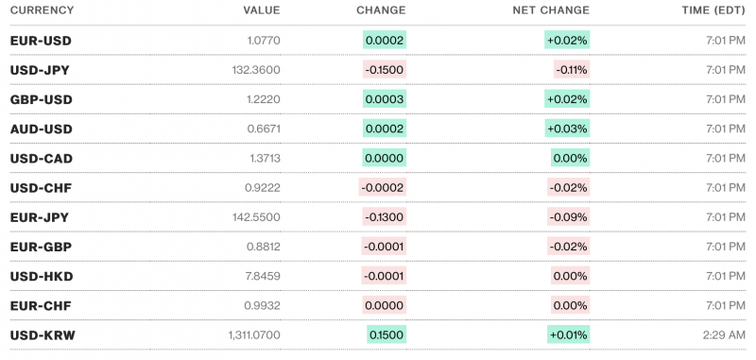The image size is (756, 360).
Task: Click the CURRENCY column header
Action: pyautogui.click(x=42, y=10)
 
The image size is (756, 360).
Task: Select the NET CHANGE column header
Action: pyautogui.click(x=552, y=10)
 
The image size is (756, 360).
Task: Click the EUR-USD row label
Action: pyautogui.click(x=41, y=41)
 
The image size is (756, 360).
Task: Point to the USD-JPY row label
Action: pyautogui.click(x=40, y=70)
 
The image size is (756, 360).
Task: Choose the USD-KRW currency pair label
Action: pyautogui.click(x=42, y=334)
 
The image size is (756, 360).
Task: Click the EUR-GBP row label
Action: pyautogui.click(x=41, y=247)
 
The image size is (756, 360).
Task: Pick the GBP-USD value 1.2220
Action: pyautogui.click(x=263, y=99)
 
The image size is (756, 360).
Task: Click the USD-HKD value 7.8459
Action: pyautogui.click(x=262, y=276)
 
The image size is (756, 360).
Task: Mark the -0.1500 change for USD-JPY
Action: pyautogui.click(x=385, y=70)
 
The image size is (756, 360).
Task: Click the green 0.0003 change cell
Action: pyautogui.click(x=385, y=99)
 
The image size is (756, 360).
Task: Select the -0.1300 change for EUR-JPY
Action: pyautogui.click(x=385, y=217)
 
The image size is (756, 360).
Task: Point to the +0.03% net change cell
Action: pyautogui.click(x=567, y=129)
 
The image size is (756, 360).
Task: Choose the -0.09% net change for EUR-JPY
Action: pyautogui.click(x=569, y=217)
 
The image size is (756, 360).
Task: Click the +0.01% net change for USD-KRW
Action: pyautogui.click(x=567, y=334)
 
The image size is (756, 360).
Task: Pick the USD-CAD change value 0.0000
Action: pyautogui.click(x=385, y=158)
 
